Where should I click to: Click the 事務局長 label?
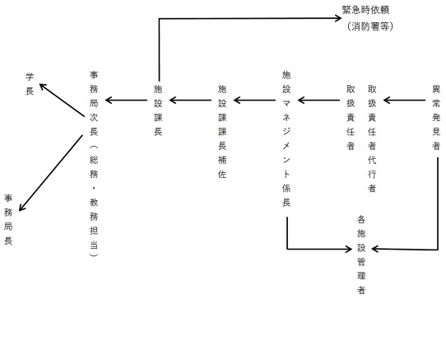pyautogui.click(x=9, y=220)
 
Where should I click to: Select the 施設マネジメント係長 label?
pyautogui.click(x=286, y=137)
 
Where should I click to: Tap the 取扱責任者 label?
pyautogui.click(x=351, y=115)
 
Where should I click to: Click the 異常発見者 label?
pyautogui.click(x=435, y=115)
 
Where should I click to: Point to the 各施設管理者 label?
pyautogui.click(x=361, y=255)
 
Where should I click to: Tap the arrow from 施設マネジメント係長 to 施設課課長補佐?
pyautogui.click(x=254, y=101)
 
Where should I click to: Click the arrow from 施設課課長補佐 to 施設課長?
pyautogui.click(x=190, y=101)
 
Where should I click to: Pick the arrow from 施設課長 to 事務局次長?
pyautogui.click(x=126, y=101)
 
